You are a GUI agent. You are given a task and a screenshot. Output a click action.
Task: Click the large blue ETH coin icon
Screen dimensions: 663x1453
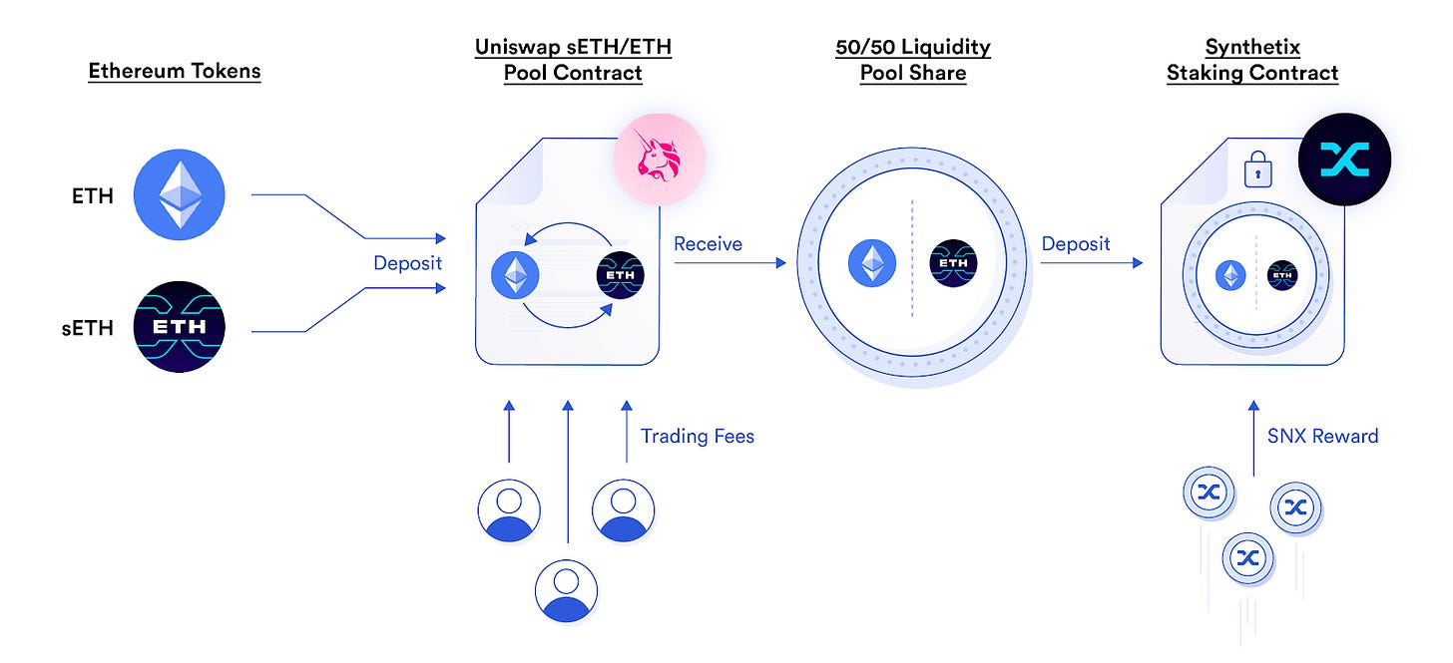[180, 194]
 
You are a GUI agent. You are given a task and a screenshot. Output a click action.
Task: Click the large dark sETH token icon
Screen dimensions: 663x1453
[180, 327]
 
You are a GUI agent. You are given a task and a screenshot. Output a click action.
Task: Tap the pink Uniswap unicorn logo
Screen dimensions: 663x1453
[659, 159]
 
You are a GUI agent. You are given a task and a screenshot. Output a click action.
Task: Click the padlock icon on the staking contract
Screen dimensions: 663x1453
[1257, 171]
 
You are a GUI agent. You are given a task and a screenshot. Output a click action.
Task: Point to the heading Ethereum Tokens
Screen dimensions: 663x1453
[175, 72]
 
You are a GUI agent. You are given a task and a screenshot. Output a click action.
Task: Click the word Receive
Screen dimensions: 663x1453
[708, 244]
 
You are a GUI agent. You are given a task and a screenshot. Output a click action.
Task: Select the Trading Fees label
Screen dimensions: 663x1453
[698, 436]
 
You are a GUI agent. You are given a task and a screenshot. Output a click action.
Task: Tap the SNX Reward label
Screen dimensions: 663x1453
[1322, 436]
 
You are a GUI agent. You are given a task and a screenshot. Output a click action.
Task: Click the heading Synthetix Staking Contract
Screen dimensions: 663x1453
[1252, 60]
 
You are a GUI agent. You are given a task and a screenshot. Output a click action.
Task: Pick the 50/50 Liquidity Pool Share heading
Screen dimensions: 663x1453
[913, 60]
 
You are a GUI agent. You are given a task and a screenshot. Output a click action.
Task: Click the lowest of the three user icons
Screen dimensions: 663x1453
[566, 590]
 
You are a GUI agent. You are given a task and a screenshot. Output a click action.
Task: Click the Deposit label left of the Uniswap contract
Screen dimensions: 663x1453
[407, 264]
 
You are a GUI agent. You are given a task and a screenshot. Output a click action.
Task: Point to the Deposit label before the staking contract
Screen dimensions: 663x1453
[1076, 244]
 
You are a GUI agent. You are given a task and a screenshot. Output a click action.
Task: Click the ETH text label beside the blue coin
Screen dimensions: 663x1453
[92, 195]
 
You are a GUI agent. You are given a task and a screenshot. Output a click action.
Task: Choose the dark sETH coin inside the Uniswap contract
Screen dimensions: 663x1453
[621, 274]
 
